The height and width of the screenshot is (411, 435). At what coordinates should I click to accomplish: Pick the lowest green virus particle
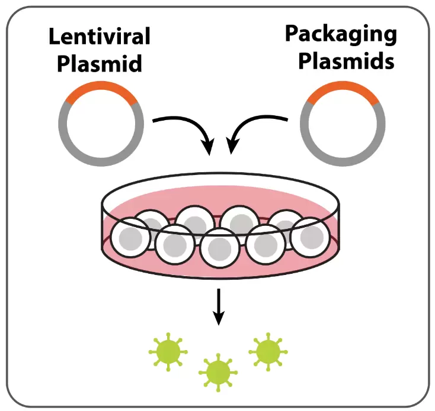(x=218, y=372)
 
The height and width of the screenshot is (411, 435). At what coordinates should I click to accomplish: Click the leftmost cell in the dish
(x=129, y=237)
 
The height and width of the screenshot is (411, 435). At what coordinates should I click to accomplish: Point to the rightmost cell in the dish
(x=308, y=237)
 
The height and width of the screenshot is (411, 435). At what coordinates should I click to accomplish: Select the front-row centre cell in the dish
(x=219, y=248)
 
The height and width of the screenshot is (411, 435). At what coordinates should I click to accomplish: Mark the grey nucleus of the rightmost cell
(x=309, y=238)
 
